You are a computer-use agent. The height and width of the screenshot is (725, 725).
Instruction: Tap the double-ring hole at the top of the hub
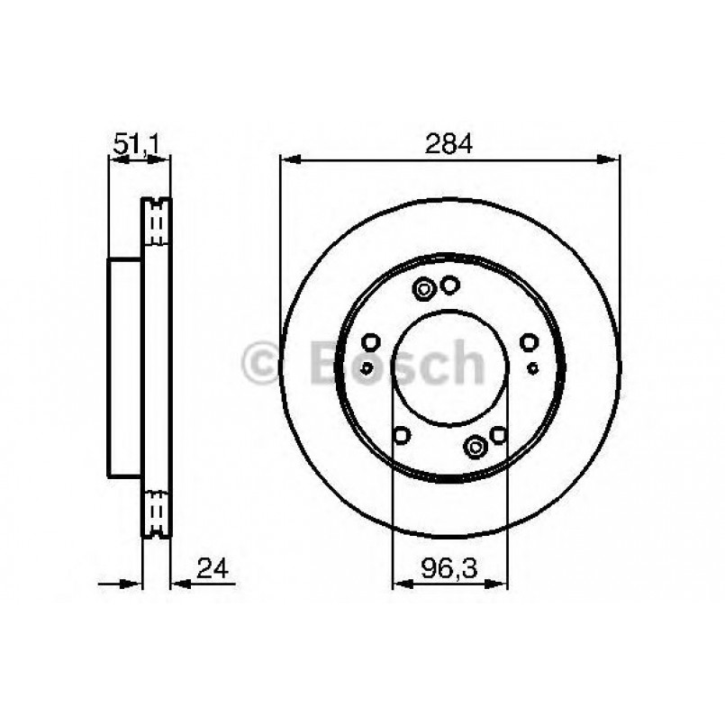coord(424,289)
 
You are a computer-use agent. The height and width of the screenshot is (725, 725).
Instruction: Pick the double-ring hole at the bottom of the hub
coord(475,445)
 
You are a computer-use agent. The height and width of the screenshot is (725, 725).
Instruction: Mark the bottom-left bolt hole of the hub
coord(403,436)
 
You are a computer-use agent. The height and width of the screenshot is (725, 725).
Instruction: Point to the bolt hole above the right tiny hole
coord(530,341)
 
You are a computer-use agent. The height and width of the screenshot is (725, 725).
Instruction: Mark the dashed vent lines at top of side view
coord(159,221)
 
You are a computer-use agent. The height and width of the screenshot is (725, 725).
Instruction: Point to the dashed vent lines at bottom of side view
coord(159,513)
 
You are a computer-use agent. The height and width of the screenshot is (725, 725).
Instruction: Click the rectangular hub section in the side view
coord(125,367)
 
